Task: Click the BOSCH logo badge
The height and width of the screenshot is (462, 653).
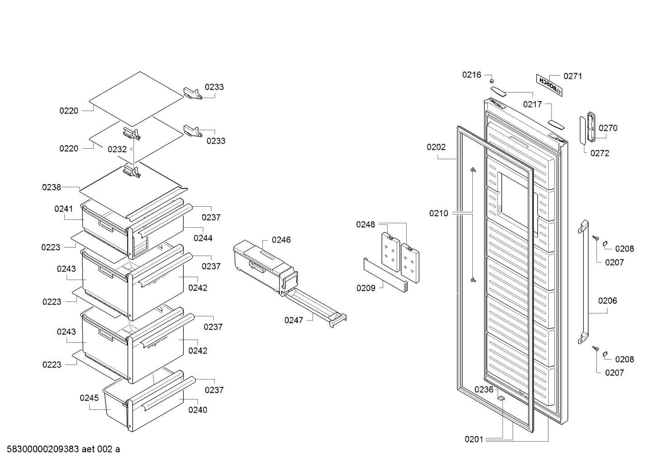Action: (x=549, y=85)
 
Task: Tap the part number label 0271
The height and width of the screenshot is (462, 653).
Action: (x=572, y=76)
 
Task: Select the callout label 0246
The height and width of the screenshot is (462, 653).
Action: (x=281, y=240)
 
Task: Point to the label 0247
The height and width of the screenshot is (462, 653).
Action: (x=294, y=321)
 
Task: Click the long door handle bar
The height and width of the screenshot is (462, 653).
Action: (x=583, y=282)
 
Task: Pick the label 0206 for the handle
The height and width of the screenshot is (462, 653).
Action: (x=608, y=301)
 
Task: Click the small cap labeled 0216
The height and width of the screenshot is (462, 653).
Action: (x=491, y=81)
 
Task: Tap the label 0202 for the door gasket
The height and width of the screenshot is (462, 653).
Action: (x=436, y=147)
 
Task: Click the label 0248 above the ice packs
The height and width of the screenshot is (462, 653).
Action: (x=365, y=224)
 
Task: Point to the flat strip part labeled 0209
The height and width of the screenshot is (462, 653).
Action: (x=385, y=275)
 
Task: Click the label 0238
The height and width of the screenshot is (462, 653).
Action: (x=52, y=187)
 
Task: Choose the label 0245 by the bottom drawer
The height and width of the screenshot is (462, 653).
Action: (x=89, y=398)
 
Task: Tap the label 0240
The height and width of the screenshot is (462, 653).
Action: (x=197, y=410)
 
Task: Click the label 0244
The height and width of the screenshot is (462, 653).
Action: (x=203, y=238)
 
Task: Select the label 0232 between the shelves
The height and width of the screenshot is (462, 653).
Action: (x=117, y=150)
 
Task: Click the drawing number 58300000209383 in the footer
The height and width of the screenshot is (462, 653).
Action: (x=43, y=449)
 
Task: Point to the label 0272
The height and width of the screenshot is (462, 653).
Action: (x=600, y=153)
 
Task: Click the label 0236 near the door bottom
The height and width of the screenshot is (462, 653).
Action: (x=484, y=389)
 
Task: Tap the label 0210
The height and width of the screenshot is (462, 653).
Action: (x=439, y=214)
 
